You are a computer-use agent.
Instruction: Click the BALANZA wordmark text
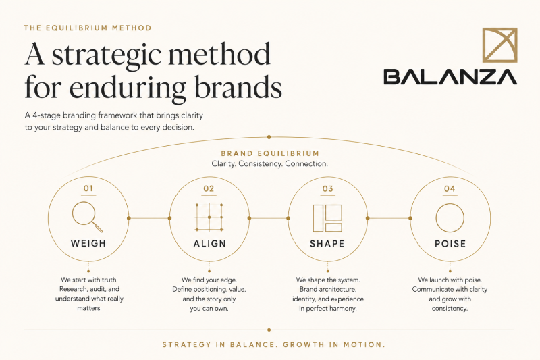coord(450,76)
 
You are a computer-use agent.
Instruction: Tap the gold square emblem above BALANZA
coord(500,45)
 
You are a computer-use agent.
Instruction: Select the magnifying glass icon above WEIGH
coord(88,217)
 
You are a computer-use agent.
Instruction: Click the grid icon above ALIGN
coord(209,217)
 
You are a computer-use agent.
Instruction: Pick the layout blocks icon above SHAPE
coord(327,218)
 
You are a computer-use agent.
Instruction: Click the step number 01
coord(88,188)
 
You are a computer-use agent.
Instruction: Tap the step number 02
coord(209,189)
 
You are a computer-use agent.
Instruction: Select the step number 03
coord(328,189)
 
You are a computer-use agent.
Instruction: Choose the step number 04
coord(450,189)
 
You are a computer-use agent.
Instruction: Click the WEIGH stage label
coord(88,243)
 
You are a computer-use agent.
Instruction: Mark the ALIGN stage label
coord(210,244)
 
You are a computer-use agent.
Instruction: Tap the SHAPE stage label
coord(327,244)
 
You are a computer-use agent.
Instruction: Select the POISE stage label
coord(450,244)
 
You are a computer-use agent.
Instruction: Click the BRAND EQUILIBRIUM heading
coord(271,153)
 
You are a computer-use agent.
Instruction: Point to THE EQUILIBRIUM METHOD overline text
coord(88,28)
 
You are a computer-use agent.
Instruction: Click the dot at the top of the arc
coord(269,137)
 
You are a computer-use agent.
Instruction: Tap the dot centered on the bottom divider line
coord(269,330)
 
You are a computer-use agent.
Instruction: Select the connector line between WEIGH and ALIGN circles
coord(149,218)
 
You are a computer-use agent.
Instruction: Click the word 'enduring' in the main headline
coord(129,88)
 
